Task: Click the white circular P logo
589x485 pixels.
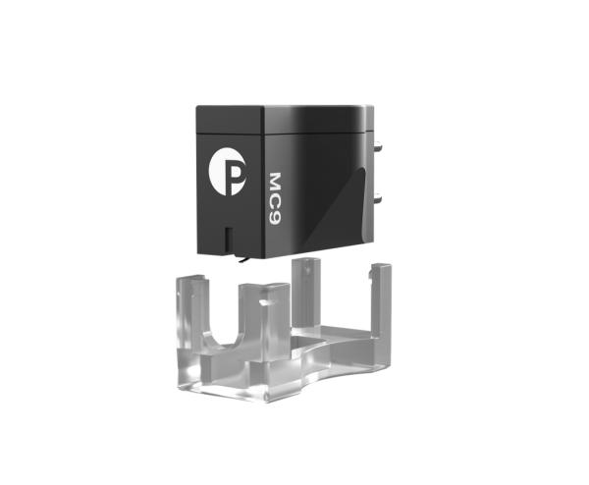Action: coord(228,177)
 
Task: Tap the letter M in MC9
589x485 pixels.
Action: coord(276,182)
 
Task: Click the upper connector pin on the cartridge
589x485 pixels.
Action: coord(379,145)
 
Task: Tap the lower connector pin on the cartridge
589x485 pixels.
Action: coord(378,195)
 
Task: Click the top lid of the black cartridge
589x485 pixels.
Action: coord(282,119)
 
